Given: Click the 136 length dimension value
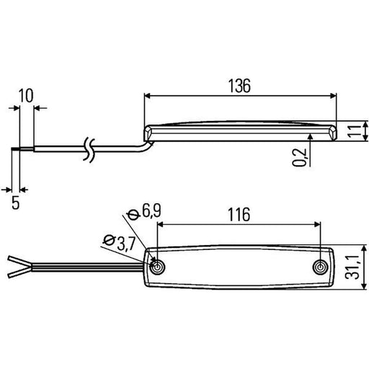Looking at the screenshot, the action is pyautogui.click(x=239, y=86).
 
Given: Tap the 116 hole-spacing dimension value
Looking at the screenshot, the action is pyautogui.click(x=239, y=214).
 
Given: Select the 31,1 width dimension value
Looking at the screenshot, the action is pyautogui.click(x=352, y=267).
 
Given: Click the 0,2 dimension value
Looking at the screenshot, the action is pyautogui.click(x=299, y=157).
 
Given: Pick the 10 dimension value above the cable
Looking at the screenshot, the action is pyautogui.click(x=26, y=96).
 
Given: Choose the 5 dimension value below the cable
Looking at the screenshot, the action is pyautogui.click(x=16, y=203).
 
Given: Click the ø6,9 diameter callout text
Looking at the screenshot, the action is pyautogui.click(x=144, y=211).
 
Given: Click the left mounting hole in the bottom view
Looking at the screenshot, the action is pyautogui.click(x=157, y=267).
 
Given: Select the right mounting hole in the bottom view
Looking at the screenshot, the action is pyautogui.click(x=320, y=267).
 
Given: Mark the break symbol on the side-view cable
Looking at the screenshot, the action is pyautogui.click(x=89, y=149).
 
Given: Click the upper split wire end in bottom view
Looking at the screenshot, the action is pyautogui.click(x=19, y=261).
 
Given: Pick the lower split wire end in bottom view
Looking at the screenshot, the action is pyautogui.click(x=19, y=273).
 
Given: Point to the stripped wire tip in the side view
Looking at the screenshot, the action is pyautogui.click(x=15, y=149).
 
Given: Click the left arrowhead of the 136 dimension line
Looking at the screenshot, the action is pyautogui.click(x=147, y=96).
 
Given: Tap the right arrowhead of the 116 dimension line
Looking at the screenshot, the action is pyautogui.click(x=317, y=224).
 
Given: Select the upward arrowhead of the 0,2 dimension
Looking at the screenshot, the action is pyautogui.click(x=311, y=136).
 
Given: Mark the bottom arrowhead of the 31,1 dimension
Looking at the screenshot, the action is pyautogui.click(x=365, y=286).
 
